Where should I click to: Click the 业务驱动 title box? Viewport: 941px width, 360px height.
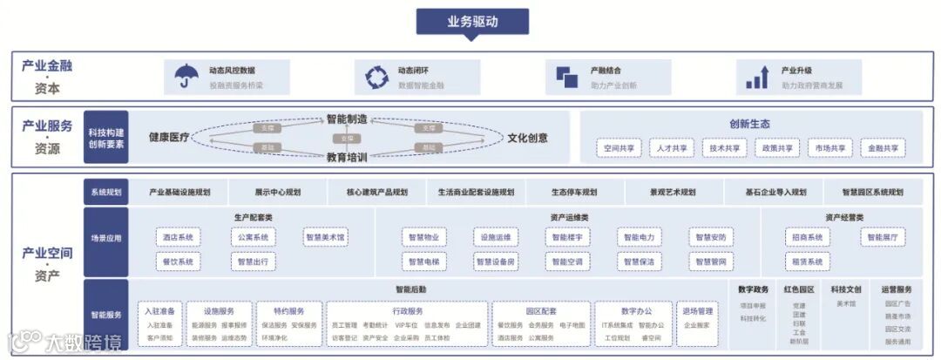pos(472,21)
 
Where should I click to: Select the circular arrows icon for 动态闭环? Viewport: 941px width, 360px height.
pos(376,78)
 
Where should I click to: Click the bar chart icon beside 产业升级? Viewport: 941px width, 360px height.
pos(755,78)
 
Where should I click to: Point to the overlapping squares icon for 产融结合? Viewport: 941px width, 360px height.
pos(567,78)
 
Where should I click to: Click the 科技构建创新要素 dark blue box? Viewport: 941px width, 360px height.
pos(106,138)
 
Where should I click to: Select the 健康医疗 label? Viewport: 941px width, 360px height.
pos(168,138)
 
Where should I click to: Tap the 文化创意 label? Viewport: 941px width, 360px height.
pos(527,138)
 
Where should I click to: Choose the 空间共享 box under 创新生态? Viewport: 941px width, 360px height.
pos(619,148)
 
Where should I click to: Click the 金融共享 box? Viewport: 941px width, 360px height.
pos(883,148)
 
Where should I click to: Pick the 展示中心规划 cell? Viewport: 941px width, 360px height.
pos(277,192)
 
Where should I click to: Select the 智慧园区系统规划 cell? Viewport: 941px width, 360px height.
pos(872,192)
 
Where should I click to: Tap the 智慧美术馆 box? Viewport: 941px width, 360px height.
pos(325,237)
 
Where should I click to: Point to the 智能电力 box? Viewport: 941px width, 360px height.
pos(639,237)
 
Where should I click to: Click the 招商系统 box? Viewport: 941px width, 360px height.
pos(807,237)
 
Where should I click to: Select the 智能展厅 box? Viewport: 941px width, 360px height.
pos(883,237)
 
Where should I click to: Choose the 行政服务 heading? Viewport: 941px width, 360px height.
pos(407,311)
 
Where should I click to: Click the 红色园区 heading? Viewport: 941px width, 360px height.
pos(798,289)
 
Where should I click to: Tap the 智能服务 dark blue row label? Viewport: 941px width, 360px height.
pos(106,315)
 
